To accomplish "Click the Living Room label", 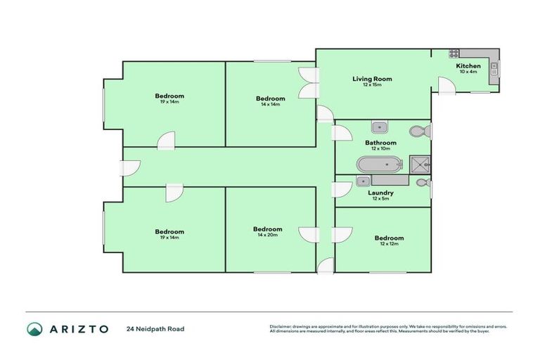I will pyautogui.click(x=372, y=79).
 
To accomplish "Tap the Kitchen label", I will pyautogui.click(x=468, y=65).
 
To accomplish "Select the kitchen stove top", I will pyautogui.click(x=454, y=53).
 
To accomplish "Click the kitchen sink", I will pyautogui.click(x=494, y=68).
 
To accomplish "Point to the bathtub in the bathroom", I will pyautogui.click(x=378, y=165).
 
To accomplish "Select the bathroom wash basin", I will pyautogui.click(x=380, y=127).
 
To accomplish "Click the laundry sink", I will pyautogui.click(x=362, y=181).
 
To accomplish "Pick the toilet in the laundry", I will pyautogui.click(x=422, y=182).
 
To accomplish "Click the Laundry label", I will pyautogui.click(x=380, y=193).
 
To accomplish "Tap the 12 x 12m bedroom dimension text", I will pyautogui.click(x=389, y=244).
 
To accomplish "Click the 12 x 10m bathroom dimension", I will pyautogui.click(x=380, y=148).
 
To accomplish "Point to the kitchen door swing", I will pyautogui.click(x=444, y=86).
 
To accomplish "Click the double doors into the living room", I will pyautogui.click(x=307, y=84).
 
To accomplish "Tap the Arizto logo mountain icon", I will pyautogui.click(x=34, y=328).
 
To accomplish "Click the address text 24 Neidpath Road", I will pyautogui.click(x=155, y=328).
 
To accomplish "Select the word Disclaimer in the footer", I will pyautogui.click(x=281, y=326).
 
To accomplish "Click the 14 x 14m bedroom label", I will pyautogui.click(x=270, y=104).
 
